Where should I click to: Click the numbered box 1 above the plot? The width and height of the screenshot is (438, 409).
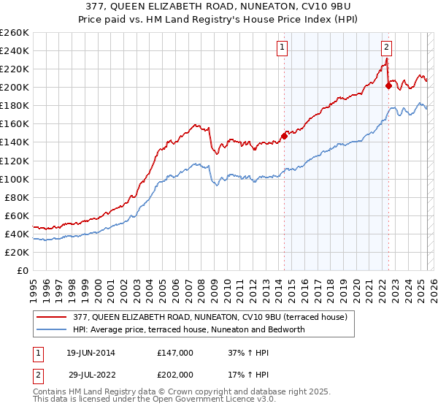pyautogui.click(x=282, y=48)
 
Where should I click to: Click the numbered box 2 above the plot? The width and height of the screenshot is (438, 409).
pyautogui.click(x=386, y=48)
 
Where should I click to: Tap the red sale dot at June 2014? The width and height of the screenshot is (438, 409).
pyautogui.click(x=284, y=136)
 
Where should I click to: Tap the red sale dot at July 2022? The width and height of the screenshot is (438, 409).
pyautogui.click(x=388, y=85)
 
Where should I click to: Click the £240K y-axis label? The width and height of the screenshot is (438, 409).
pyautogui.click(x=14, y=50)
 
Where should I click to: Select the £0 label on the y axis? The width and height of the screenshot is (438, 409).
pyautogui.click(x=21, y=270)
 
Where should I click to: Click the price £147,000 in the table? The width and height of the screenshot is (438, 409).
pyautogui.click(x=175, y=352)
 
